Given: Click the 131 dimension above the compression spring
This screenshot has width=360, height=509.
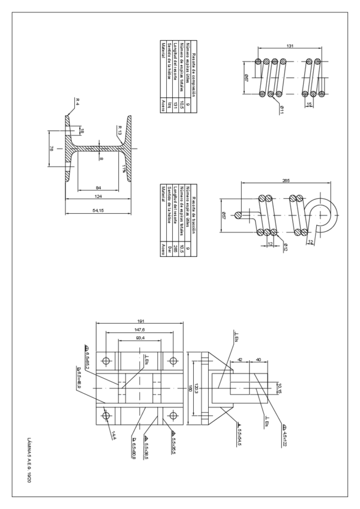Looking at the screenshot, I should [x=290, y=46].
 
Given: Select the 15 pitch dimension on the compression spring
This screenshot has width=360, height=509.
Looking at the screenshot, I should [x=309, y=104].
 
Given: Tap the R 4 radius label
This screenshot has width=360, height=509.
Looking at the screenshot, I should [x=77, y=100].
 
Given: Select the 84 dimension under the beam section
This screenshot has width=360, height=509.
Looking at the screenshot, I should [x=98, y=187].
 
